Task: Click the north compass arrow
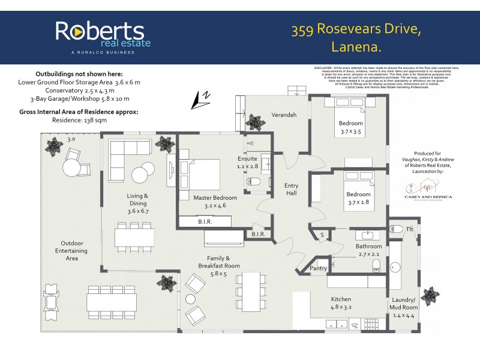point(200,101)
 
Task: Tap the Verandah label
point(284,115)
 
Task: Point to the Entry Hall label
point(291,189)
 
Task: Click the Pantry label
point(318,269)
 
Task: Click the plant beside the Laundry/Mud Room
point(430,295)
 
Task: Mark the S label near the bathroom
point(321,235)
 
